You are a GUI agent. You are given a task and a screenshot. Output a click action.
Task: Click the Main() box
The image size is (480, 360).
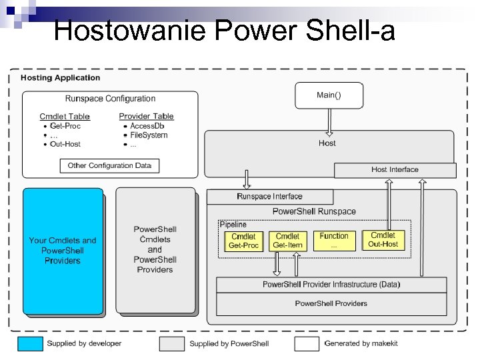coord(329,95)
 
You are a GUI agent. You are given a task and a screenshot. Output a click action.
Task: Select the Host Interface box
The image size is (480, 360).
coord(395,170)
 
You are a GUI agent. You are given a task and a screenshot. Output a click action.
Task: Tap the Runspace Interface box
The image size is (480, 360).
coord(269,197)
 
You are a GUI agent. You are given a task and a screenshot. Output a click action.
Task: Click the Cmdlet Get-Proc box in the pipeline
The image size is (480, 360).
coord(243,241)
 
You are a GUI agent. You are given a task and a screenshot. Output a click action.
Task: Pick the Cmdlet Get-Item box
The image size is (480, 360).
coord(287,241)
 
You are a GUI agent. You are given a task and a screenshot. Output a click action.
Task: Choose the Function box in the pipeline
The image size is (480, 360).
coord(334,241)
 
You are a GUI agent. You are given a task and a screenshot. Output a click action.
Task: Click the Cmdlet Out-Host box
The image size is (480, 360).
coord(383,240)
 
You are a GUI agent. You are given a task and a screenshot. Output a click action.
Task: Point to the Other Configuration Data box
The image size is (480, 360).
coord(109,165)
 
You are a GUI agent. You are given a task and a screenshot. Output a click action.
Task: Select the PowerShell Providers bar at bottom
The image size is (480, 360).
coord(331,304)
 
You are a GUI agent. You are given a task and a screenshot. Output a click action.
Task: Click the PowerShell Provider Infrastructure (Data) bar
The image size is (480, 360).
coord(331,285)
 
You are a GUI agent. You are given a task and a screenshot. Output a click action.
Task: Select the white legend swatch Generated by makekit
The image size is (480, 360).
coord(307,343)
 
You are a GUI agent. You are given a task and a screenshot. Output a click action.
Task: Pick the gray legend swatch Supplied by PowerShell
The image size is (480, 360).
coord(171,343)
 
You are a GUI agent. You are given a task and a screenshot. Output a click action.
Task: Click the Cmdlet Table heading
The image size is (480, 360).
coord(65,117)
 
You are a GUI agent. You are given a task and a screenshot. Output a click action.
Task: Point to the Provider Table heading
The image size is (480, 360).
coord(146,117)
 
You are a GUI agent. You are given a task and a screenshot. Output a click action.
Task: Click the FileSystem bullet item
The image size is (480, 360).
coord(149,135)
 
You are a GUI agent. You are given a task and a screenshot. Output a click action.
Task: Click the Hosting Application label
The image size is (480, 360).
coord(60,78)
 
